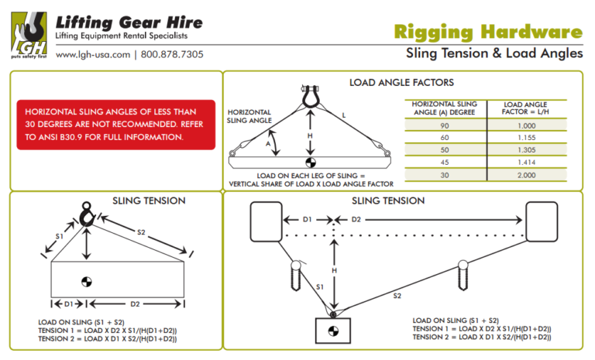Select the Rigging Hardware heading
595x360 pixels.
point(487,32)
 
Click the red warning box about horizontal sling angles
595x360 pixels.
point(115,125)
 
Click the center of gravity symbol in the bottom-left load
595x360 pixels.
point(89,279)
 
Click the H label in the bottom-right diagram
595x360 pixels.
point(334,270)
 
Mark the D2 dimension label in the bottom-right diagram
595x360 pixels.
point(356,219)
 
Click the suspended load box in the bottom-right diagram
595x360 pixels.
point(333,332)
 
